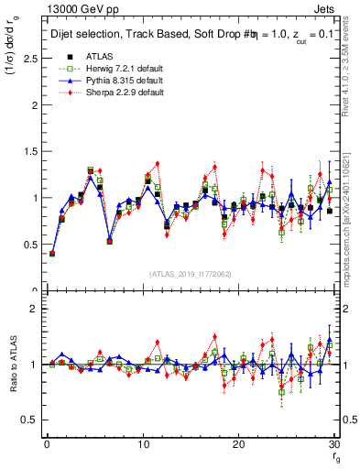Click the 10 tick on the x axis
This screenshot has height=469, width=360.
(142, 444)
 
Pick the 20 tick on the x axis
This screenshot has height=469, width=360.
(238, 444)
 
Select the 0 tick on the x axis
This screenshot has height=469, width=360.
(46, 444)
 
